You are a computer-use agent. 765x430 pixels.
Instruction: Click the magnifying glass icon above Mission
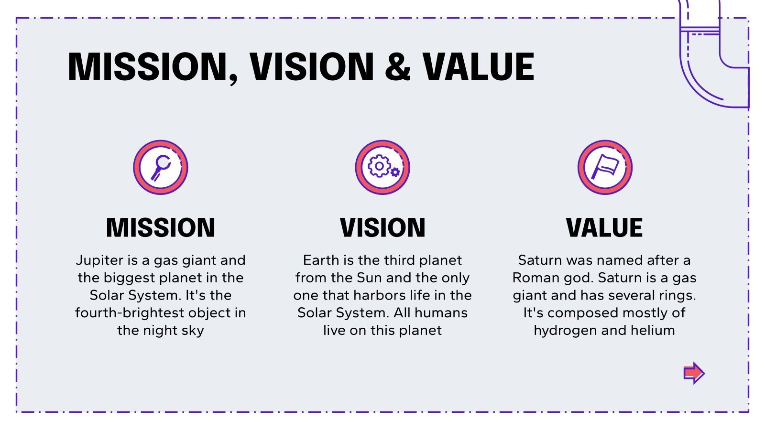coord(161,167)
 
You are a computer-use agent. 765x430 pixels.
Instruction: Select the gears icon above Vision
coord(382,167)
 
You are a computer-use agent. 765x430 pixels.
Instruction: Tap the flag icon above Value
coord(605,167)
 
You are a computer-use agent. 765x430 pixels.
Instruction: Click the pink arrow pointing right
coord(694,373)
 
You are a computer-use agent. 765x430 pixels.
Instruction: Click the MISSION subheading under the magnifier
coord(161,227)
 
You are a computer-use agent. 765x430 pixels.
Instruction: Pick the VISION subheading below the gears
coord(382,227)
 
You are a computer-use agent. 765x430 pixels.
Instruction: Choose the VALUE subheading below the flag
coord(604,227)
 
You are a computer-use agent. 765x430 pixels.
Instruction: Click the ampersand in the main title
coord(398,66)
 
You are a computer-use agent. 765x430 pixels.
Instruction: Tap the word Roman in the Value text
coord(536,278)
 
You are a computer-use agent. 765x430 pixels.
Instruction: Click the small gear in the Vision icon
coord(395,172)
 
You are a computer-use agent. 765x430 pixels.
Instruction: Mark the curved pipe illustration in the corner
coord(714,54)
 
